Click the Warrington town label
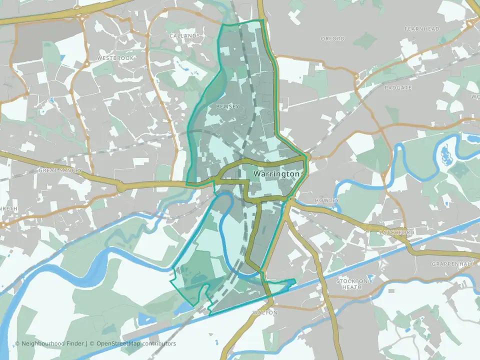coord(276,174)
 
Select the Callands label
coord(184,36)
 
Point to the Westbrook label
coord(115,58)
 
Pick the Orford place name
coord(333,38)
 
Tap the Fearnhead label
coord(422,29)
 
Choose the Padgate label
coord(398,87)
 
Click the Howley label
coord(327,200)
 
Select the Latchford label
coord(397,233)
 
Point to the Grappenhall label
coord(449,263)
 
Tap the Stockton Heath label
coord(352,284)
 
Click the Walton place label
coord(265,312)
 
